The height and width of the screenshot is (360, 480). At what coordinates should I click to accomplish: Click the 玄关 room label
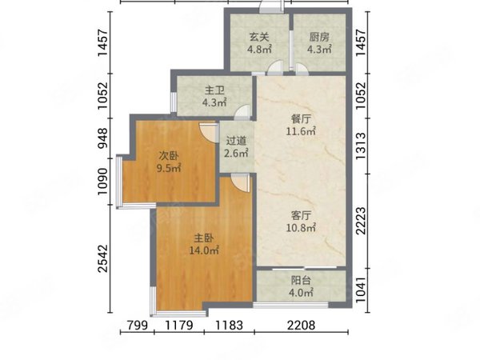pyautogui.click(x=259, y=38)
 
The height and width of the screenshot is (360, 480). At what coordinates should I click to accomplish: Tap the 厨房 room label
pyautogui.click(x=319, y=38)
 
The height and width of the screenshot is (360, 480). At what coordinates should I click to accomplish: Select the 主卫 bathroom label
pyautogui.click(x=214, y=90)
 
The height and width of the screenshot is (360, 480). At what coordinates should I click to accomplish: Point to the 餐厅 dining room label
pyautogui.click(x=301, y=118)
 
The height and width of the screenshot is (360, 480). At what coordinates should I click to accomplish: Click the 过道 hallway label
pyautogui.click(x=236, y=141)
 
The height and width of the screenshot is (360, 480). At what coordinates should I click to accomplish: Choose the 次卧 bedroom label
pyautogui.click(x=168, y=156)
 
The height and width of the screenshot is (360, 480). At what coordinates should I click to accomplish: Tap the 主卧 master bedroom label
pyautogui.click(x=204, y=238)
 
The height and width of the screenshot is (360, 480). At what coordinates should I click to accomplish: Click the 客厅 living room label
pyautogui.click(x=301, y=215)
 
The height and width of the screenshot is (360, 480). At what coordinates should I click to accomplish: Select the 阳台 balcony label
pyautogui.click(x=301, y=280)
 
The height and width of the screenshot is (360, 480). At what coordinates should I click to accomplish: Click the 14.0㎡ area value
pyautogui.click(x=204, y=250)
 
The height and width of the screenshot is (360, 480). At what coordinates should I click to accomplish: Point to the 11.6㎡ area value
pyautogui.click(x=301, y=131)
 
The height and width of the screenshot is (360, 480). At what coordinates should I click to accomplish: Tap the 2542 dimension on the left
pyautogui.click(x=103, y=258)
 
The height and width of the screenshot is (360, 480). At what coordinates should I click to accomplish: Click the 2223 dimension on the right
pyautogui.click(x=362, y=221)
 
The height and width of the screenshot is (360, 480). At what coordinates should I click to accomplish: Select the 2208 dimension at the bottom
pyautogui.click(x=301, y=325)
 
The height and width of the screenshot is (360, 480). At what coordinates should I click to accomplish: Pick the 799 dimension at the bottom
pyautogui.click(x=138, y=325)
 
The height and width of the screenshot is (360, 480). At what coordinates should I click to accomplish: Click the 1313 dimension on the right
pyautogui.click(x=362, y=146)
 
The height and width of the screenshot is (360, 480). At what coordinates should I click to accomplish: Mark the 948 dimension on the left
pyautogui.click(x=103, y=138)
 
